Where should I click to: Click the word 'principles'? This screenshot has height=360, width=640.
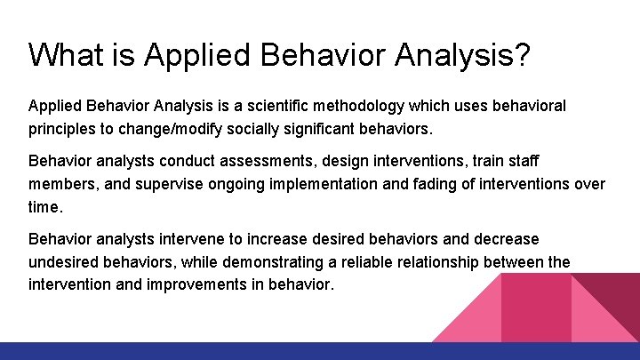pos(61,129)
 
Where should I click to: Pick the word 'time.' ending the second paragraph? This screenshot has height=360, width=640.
pos(46,206)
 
